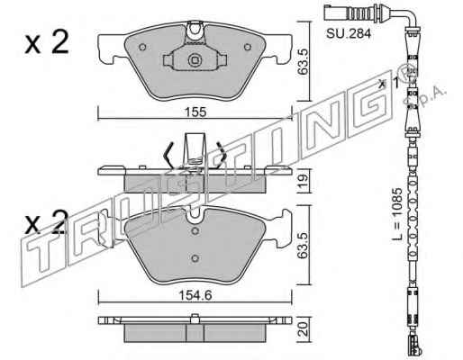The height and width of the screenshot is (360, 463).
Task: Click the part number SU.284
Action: pos(349,33)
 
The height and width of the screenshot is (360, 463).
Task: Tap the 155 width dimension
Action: pos(195,112)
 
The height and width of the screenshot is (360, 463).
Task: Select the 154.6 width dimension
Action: pos(195,295)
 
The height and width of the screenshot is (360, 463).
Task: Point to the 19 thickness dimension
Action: pos(304,181)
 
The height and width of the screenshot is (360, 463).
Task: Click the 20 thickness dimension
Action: pos(304,328)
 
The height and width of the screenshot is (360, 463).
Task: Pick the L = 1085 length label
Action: pos(397,214)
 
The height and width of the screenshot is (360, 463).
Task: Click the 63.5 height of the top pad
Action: pos(304,62)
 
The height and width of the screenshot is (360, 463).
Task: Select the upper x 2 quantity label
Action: pos(47,42)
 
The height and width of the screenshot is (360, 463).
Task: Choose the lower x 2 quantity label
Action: pos(47,222)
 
